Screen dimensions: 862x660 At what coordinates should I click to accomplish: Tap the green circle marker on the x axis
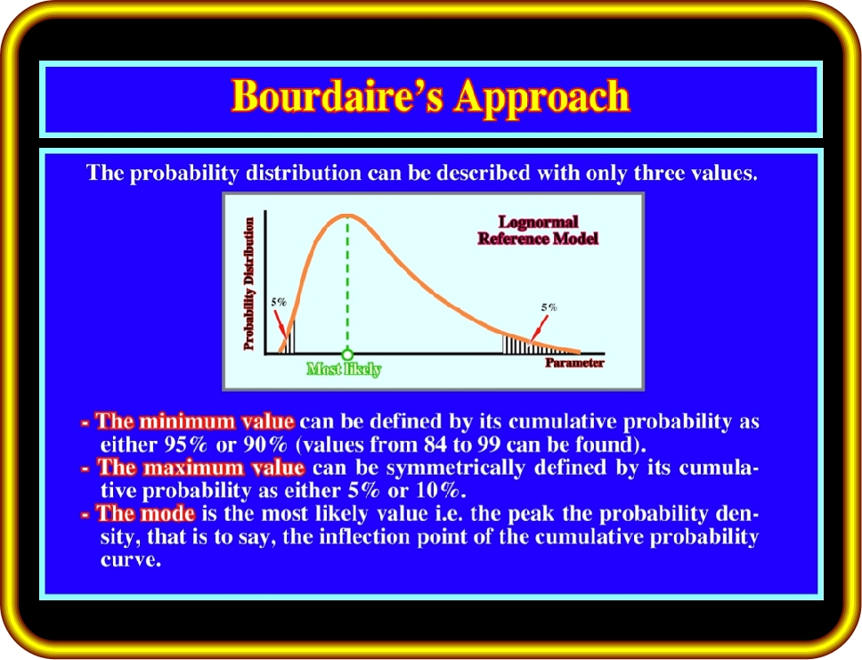347,354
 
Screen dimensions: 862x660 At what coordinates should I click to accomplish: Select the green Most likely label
344,369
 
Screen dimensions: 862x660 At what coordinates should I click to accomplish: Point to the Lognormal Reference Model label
538,230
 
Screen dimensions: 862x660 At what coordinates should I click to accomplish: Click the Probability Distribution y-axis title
249,284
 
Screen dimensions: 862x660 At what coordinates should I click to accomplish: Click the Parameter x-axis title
574,363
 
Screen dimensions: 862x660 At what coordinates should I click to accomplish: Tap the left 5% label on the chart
279,302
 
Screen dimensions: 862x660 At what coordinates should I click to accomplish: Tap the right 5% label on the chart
549,307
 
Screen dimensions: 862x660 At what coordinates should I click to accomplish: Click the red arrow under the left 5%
281,324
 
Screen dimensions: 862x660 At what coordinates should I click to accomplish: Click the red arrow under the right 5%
537,330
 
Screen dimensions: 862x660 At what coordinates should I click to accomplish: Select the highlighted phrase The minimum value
195,421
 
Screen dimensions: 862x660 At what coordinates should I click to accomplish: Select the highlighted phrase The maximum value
200,468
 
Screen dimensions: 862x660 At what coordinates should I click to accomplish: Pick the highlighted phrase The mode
146,514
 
